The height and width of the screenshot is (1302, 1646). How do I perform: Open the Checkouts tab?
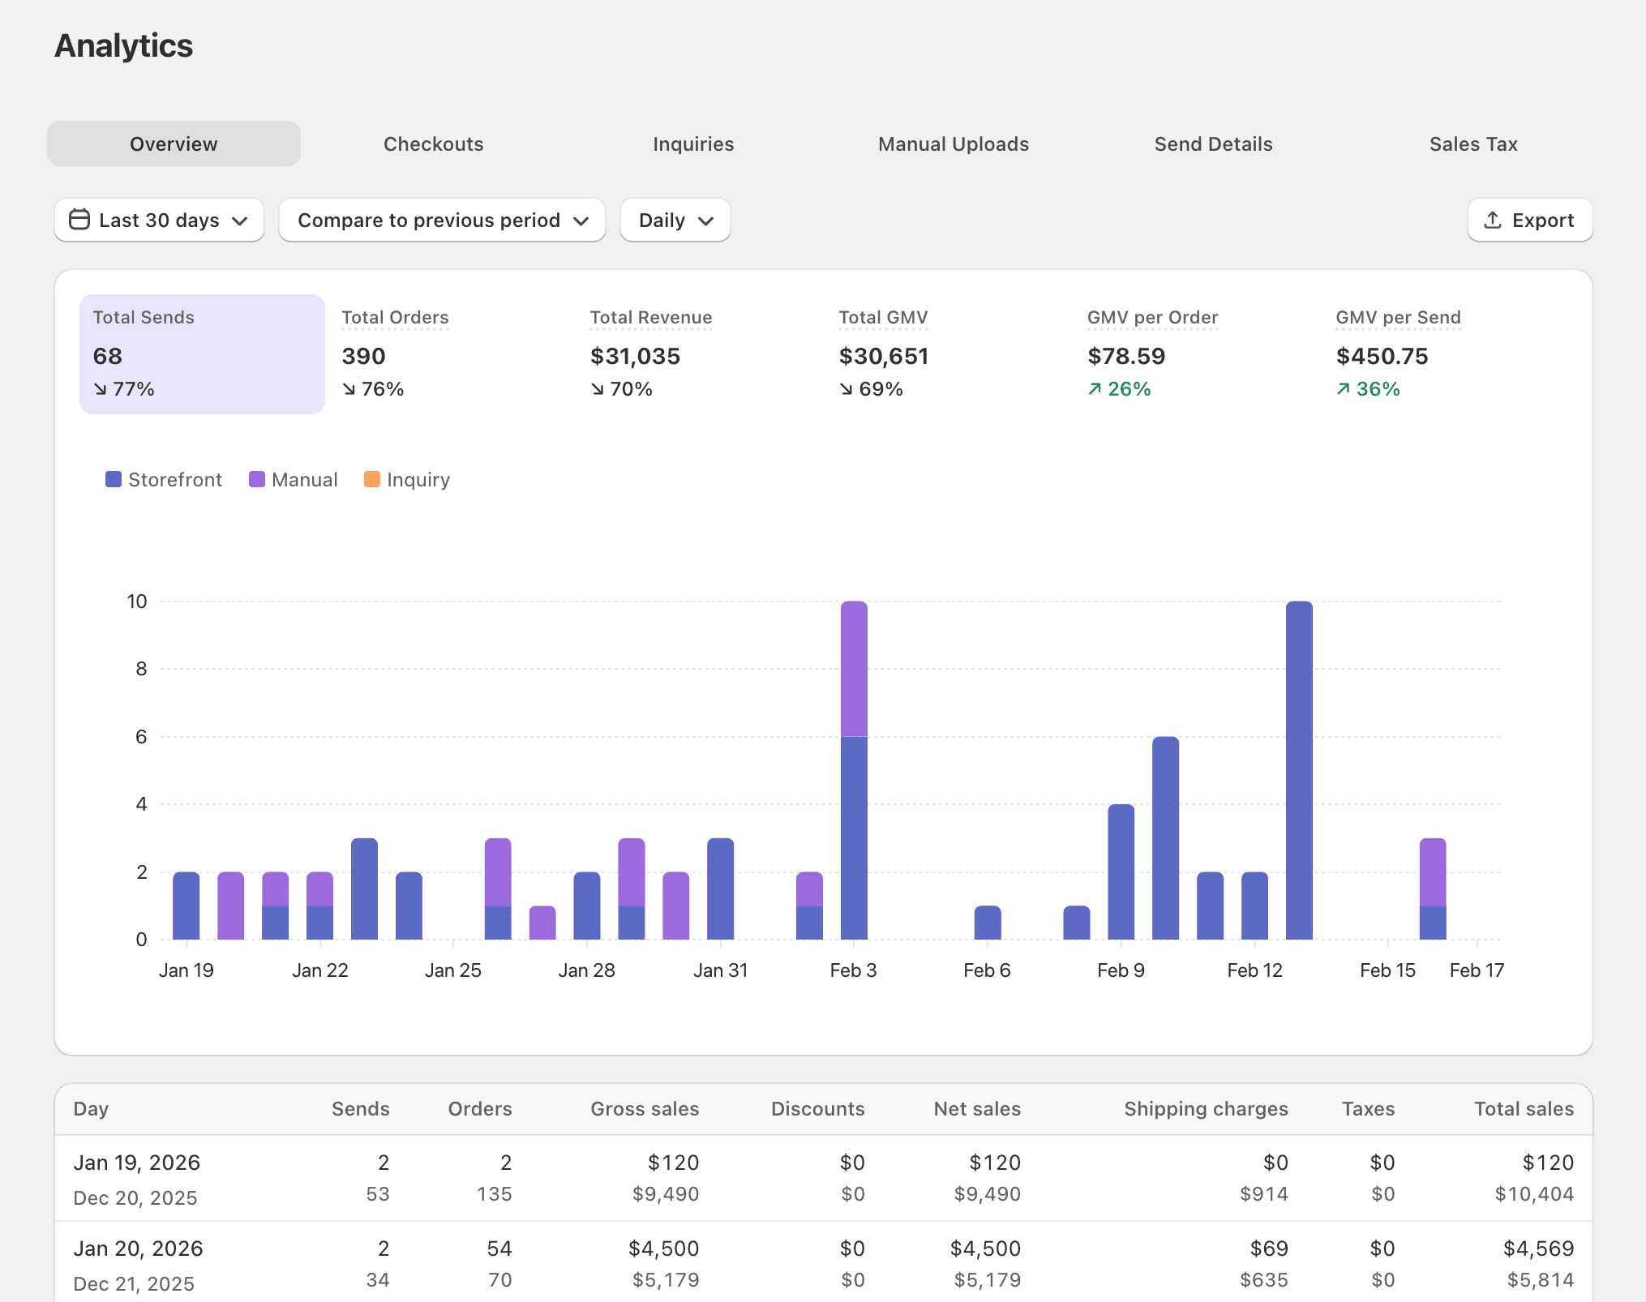(433, 144)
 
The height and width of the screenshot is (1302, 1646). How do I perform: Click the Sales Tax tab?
(1472, 144)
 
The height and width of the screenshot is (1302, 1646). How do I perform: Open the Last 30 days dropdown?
(159, 221)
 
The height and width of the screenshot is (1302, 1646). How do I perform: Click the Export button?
(1529, 221)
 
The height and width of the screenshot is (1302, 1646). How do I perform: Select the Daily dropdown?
(675, 221)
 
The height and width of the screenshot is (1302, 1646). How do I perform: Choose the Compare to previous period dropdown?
(442, 221)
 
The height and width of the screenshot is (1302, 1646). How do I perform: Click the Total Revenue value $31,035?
(635, 356)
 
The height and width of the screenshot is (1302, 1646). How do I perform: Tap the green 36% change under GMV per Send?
(1369, 389)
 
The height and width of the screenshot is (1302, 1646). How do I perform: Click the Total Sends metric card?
(202, 353)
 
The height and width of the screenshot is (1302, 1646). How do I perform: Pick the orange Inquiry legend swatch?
(372, 480)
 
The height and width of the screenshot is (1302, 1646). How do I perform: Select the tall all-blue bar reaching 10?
(1299, 770)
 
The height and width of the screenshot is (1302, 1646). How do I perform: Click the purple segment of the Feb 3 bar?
(854, 669)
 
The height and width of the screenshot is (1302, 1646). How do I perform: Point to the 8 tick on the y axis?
(141, 669)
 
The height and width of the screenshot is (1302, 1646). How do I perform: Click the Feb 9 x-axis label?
(1121, 970)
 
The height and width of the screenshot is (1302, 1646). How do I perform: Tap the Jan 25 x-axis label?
(452, 970)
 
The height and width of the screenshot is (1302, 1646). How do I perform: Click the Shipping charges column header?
(1206, 1109)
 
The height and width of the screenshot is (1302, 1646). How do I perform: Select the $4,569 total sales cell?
(1538, 1248)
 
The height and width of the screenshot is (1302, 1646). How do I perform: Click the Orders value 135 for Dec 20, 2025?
(494, 1194)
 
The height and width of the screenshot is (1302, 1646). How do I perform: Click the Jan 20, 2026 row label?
(138, 1248)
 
